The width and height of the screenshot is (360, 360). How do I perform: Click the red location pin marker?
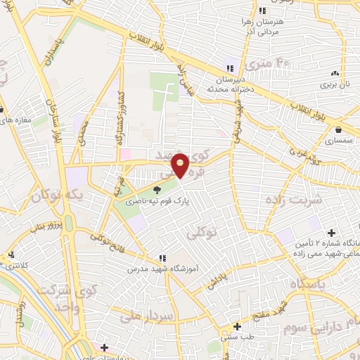[181, 165]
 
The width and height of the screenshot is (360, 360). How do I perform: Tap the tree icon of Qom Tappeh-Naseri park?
[157, 188]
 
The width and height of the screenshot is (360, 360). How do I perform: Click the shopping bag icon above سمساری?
[340, 129]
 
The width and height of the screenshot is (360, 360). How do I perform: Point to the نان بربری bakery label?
[335, 84]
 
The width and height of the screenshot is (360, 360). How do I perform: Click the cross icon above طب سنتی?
[237, 326]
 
